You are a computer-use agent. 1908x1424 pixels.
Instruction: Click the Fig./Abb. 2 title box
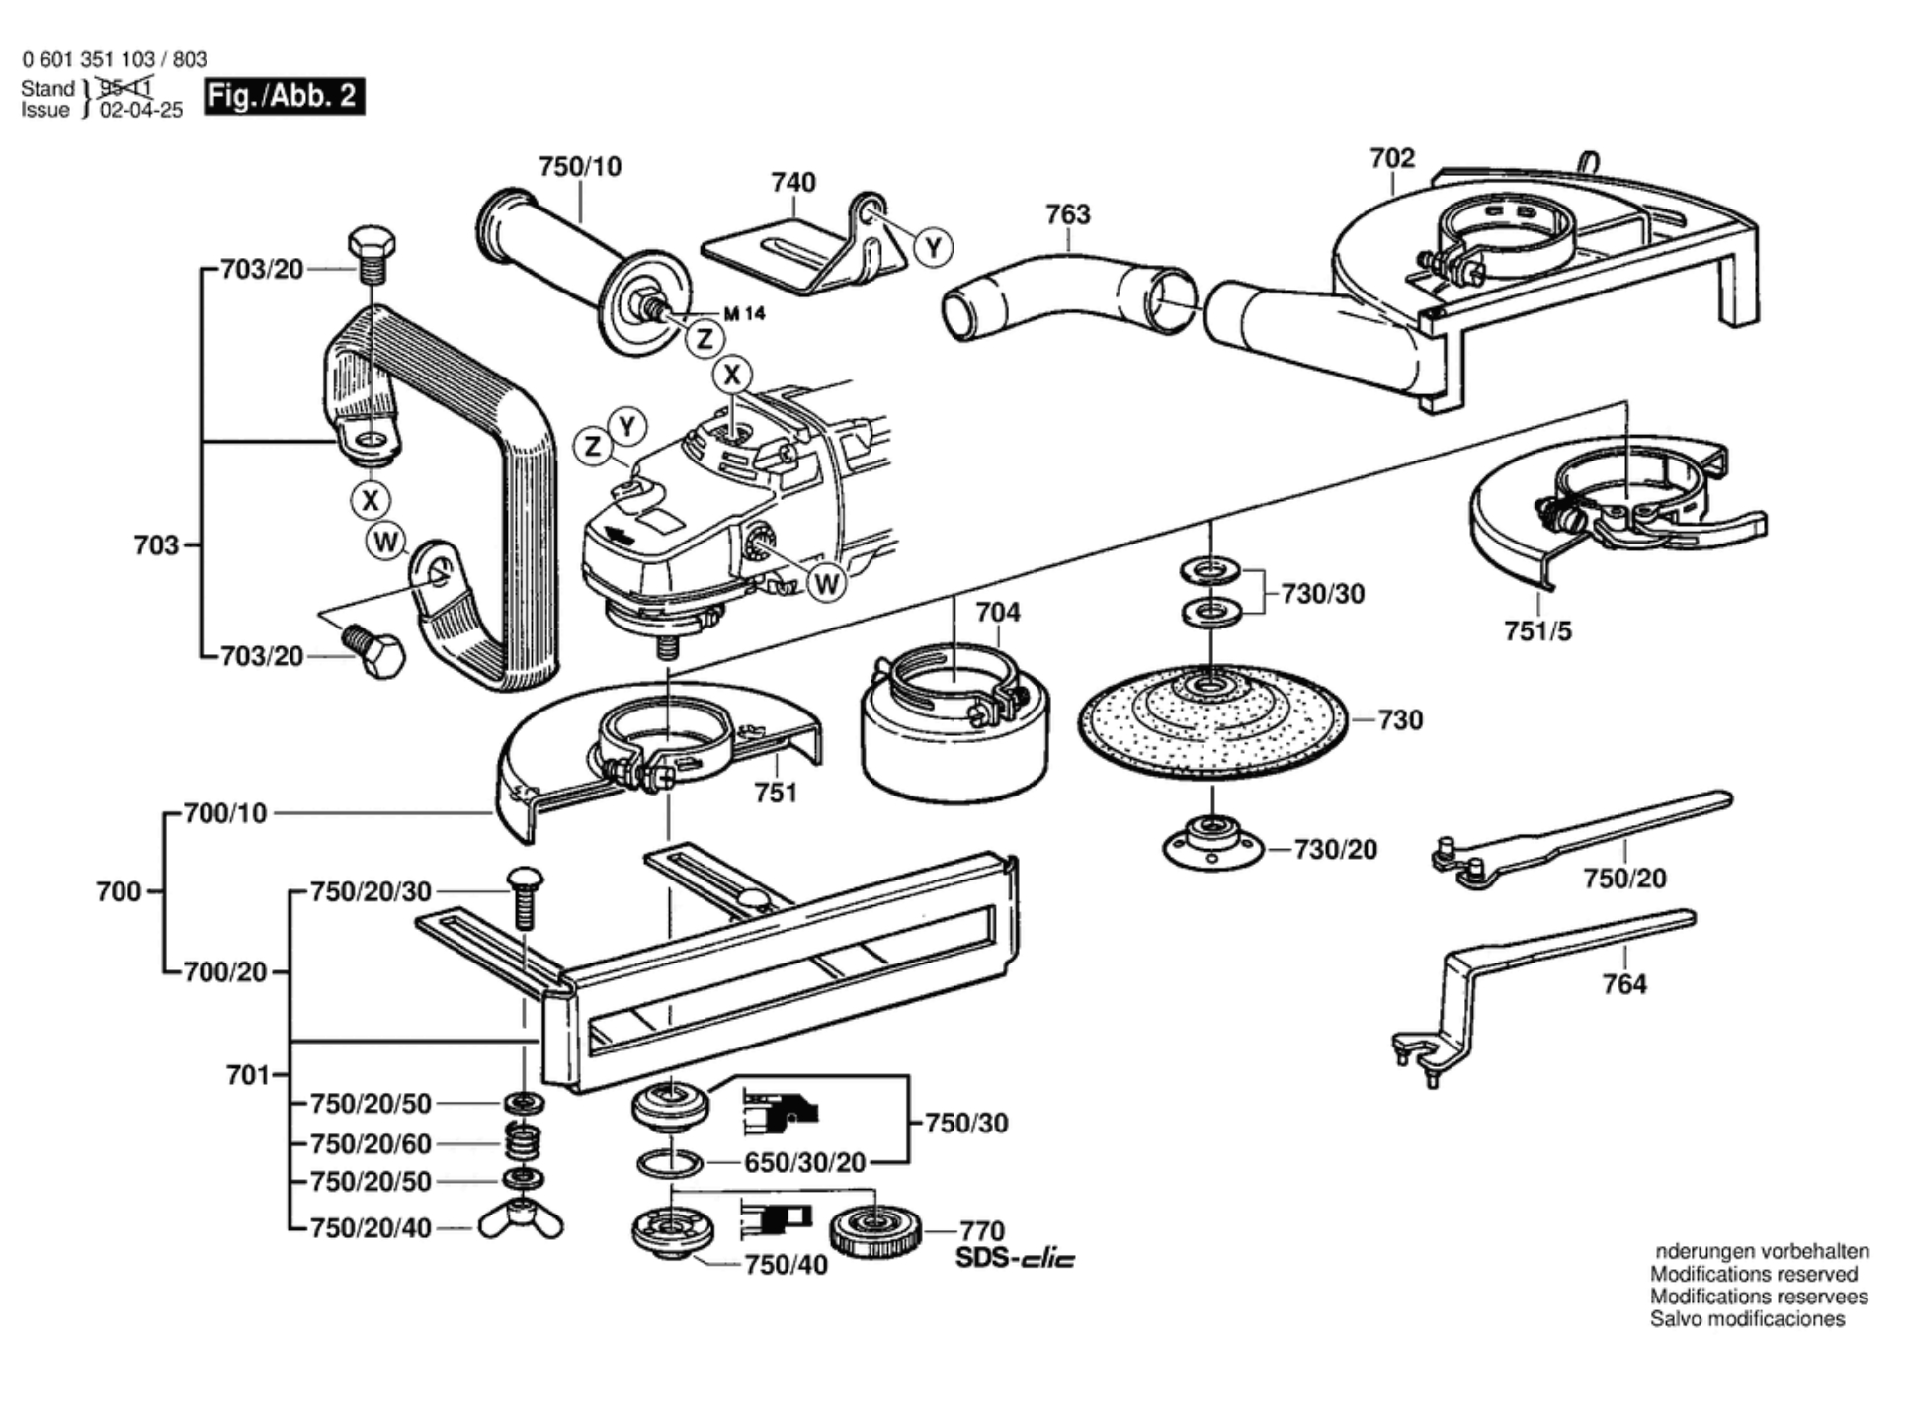(284, 96)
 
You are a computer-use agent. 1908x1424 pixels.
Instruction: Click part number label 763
(1067, 214)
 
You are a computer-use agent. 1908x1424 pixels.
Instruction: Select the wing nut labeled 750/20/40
(521, 1224)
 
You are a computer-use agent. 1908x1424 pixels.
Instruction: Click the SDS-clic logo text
(1015, 1259)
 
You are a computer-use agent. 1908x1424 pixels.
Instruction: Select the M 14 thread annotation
(744, 314)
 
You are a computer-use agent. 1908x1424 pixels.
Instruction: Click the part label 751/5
(1537, 630)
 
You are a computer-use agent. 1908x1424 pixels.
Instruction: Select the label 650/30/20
(804, 1163)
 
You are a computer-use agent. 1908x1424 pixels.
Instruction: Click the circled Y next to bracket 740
(934, 247)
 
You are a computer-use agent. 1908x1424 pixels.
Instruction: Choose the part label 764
(1624, 983)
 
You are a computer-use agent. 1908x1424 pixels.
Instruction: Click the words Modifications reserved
(1754, 1275)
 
